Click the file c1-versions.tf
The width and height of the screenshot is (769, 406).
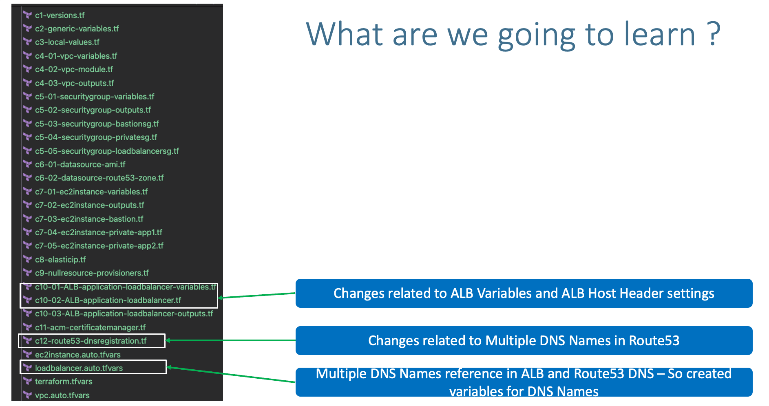[x=60, y=15]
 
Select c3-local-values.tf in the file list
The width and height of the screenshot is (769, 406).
[x=67, y=42]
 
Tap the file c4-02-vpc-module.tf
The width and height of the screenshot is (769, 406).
[x=74, y=70]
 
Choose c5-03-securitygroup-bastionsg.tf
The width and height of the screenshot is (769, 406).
[x=97, y=124]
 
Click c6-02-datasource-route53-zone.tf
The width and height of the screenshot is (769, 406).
[x=99, y=178]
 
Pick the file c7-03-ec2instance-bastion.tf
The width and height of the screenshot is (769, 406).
[x=89, y=219]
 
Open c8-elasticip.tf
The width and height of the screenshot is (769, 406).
[x=60, y=260]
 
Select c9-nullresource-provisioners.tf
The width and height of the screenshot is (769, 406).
[x=92, y=273]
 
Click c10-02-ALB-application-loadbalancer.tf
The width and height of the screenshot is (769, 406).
[x=108, y=300]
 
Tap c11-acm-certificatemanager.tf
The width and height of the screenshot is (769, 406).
[x=90, y=328]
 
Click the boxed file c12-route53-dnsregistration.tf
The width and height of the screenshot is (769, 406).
[x=91, y=341]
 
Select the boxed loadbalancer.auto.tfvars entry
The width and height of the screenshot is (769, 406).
[x=79, y=368]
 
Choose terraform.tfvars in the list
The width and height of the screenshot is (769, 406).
[x=64, y=382]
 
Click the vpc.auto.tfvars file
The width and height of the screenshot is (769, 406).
[x=62, y=395]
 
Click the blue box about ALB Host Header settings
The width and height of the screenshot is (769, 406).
[x=524, y=293]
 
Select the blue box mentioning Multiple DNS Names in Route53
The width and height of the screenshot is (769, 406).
[x=524, y=341]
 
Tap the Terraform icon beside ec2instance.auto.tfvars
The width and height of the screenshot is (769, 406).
[x=28, y=354]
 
